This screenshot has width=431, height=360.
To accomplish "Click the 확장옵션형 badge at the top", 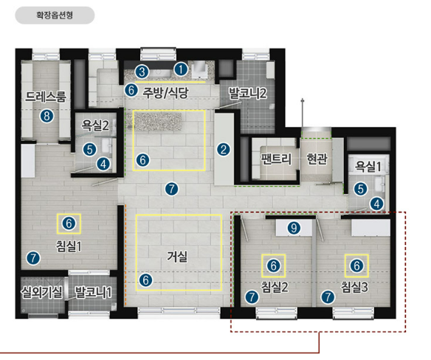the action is pos(55,15).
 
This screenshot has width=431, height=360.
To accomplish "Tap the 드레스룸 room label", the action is pos(46,97).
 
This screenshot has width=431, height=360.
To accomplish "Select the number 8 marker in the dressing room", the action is pos(46,116).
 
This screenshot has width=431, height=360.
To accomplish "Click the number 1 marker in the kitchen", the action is pos(181,69).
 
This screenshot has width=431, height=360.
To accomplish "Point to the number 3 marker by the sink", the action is pos(142,72).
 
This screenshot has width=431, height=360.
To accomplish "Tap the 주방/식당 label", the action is pos(165,93).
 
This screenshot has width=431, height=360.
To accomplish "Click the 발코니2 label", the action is pos(248,94).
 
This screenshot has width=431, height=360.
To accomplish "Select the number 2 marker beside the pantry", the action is pos(223,150).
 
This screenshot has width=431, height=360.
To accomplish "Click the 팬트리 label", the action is pos(276,159).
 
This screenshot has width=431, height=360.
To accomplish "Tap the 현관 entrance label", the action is pos(317,159).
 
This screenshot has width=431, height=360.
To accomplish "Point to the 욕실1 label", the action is pos(368,166).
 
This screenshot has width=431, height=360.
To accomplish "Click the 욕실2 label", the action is pos(95,125).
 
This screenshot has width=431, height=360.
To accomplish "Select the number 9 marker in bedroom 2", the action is pos(294,228).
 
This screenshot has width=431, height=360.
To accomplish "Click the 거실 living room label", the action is pos(177,257).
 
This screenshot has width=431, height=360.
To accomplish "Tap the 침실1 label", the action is pos(69,246).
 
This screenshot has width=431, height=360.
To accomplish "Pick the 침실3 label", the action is pos(354,287).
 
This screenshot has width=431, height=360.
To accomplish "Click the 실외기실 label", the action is pos(42,292).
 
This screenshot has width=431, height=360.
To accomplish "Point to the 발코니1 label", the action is pos(93,292).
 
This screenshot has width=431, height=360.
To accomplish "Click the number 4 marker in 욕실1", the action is pos(376,204).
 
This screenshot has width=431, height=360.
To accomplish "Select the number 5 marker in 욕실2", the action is pos(89,150).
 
